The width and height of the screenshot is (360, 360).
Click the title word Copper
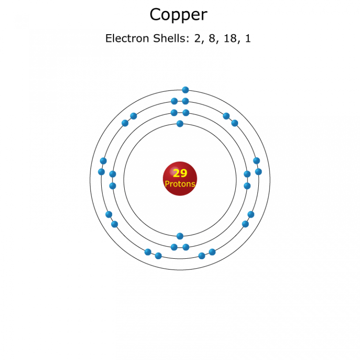[178, 15]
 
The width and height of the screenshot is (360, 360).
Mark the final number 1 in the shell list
[248, 38]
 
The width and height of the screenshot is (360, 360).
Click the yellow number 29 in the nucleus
[180, 173]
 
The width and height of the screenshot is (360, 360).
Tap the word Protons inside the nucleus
[180, 184]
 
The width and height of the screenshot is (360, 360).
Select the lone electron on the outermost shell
[186, 90]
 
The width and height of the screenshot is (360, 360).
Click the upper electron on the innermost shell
[180, 124]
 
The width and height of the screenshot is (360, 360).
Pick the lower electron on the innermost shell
[180, 236]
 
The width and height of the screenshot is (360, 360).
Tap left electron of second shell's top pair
[174, 112]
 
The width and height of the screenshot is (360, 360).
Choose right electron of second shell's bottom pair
[186, 247]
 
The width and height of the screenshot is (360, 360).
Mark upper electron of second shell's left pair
[112, 174]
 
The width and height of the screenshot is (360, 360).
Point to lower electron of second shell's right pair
[247, 186]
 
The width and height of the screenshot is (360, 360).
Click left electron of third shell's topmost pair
[174, 101]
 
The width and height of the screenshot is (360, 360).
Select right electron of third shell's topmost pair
[186, 101]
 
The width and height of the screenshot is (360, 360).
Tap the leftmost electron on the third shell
[101, 172]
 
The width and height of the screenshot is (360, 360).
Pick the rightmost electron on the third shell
[259, 172]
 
